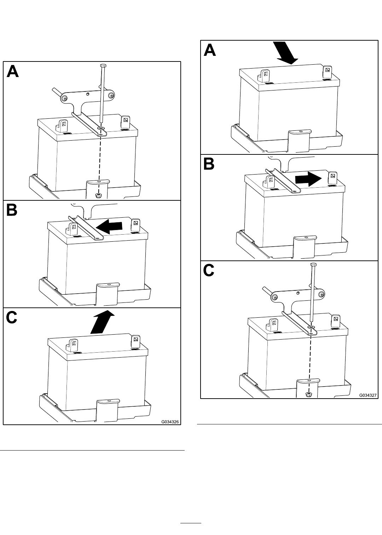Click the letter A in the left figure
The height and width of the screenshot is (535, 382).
click(x=13, y=71)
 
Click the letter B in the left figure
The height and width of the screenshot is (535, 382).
click(x=12, y=210)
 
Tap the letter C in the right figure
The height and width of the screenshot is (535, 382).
click(x=209, y=271)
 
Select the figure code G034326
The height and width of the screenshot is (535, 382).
click(x=170, y=422)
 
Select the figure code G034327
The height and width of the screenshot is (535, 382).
click(x=368, y=395)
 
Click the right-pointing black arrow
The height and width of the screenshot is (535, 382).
click(x=309, y=179)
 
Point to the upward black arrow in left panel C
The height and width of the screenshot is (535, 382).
click(x=102, y=322)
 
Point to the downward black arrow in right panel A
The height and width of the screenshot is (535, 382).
click(x=286, y=53)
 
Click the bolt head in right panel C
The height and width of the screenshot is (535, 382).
click(x=313, y=264)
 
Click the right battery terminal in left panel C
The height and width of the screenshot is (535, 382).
click(x=135, y=342)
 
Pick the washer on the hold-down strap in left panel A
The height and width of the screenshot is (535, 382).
click(x=102, y=129)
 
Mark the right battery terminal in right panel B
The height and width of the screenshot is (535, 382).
click(x=332, y=178)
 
